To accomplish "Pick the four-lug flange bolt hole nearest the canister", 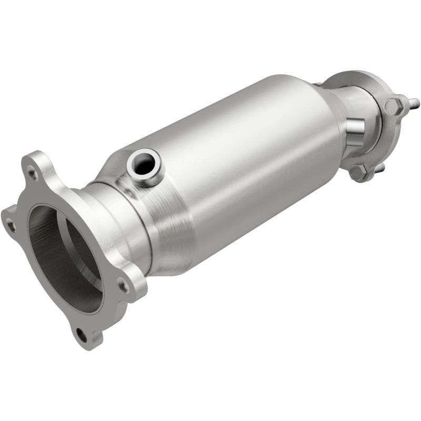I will click(123, 286).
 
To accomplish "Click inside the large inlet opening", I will click(58, 253).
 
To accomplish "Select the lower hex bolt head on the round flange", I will click(358, 173).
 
